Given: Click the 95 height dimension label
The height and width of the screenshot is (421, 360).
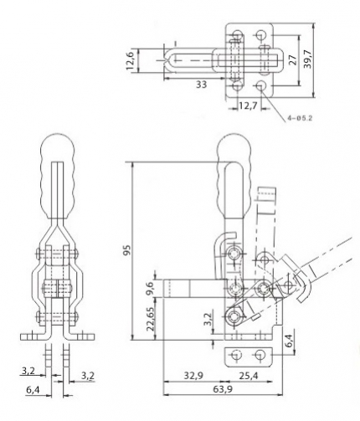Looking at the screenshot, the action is (126, 250).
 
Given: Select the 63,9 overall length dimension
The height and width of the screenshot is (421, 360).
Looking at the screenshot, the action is (223, 388).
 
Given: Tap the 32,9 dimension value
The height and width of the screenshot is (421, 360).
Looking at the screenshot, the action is (193, 376).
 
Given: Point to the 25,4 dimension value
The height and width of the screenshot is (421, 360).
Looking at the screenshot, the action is (249, 376).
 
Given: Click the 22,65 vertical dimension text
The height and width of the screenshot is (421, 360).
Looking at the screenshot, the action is (151, 319).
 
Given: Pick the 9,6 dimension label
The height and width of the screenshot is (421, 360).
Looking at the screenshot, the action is (150, 288).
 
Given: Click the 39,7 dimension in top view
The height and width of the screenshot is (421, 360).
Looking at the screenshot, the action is (308, 59).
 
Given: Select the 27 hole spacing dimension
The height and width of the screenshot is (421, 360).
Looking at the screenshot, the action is (293, 59).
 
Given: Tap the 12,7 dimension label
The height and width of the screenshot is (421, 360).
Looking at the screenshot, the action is (248, 106).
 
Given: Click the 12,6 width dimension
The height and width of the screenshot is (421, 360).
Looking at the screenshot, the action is (131, 60).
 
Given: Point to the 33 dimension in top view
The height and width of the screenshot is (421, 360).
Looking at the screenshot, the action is (201, 85).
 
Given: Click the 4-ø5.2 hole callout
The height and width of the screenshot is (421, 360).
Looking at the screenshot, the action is (300, 118).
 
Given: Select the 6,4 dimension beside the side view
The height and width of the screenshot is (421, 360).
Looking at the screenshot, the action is (290, 341).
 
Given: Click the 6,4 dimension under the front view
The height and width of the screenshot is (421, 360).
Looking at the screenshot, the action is (33, 390).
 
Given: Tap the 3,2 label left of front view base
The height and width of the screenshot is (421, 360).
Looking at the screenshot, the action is (28, 371).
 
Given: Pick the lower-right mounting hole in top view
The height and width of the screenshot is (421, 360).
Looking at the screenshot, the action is (261, 85).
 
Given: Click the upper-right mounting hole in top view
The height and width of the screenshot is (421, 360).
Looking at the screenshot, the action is (261, 34).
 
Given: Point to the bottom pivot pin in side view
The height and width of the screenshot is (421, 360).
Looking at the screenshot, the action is (233, 316).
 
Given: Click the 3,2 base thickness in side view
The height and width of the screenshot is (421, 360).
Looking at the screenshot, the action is (208, 320).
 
